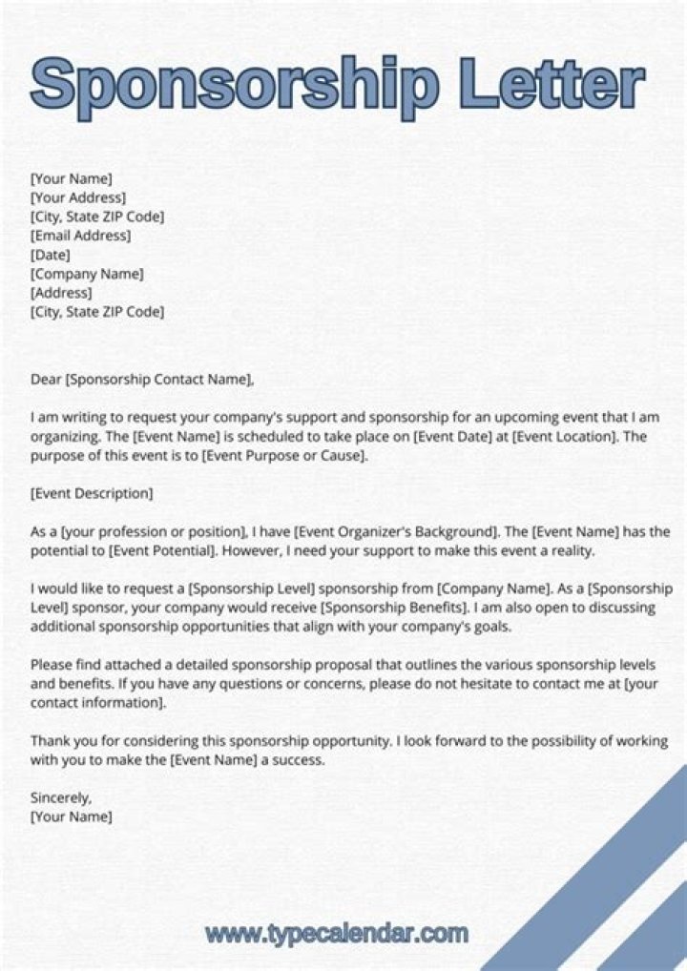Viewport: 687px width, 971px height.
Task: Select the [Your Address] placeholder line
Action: (78, 197)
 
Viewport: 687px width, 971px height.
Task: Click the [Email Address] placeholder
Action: (81, 236)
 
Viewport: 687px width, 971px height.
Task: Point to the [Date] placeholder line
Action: (51, 255)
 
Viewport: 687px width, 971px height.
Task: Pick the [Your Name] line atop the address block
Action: (72, 178)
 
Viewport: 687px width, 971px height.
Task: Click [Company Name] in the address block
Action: (87, 274)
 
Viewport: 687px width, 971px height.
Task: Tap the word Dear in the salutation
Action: (45, 380)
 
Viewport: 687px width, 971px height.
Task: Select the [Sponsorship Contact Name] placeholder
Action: (159, 380)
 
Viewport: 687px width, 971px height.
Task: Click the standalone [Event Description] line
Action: (92, 493)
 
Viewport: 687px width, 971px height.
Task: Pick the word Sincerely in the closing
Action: (61, 797)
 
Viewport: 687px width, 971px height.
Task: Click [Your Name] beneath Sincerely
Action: (72, 816)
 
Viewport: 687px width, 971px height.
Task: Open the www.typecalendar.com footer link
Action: (336, 932)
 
